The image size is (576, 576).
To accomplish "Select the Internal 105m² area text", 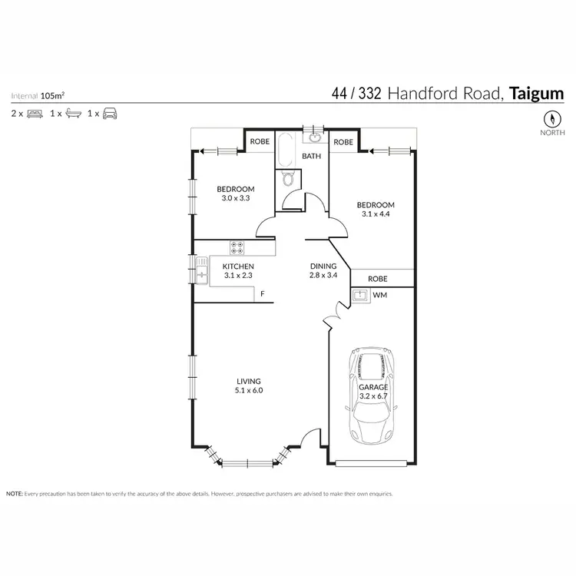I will tap(38, 96).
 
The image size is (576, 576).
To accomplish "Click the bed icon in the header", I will tap(34, 114).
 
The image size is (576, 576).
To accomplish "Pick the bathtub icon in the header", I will tap(71, 114).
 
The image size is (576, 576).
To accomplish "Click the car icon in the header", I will tap(110, 114).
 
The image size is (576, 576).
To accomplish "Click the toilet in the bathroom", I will tap(288, 178).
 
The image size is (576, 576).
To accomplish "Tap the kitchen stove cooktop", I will tap(237, 247).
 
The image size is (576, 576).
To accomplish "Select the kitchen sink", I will tap(202, 270).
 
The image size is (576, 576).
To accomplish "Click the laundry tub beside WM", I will tap(359, 294).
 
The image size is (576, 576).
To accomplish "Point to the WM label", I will tap(379, 294).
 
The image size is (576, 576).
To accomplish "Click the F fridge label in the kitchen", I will tap(262, 294).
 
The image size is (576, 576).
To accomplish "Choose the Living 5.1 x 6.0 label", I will tap(249, 386).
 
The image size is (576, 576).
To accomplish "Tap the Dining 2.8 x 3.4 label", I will tap(323, 270).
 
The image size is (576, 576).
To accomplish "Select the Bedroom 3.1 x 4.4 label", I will tap(376, 210).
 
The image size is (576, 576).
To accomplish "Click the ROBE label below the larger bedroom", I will tap(377, 278).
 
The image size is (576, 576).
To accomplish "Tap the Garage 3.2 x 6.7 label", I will tap(373, 392).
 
